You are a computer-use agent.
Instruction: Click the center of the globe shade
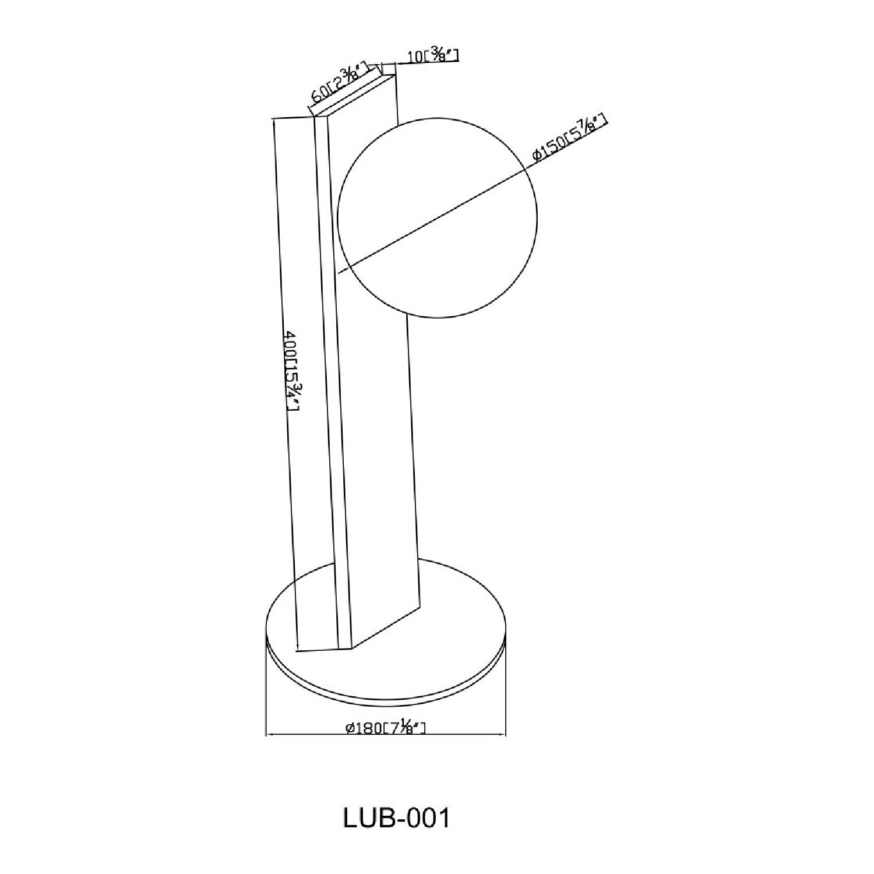tap(437, 218)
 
